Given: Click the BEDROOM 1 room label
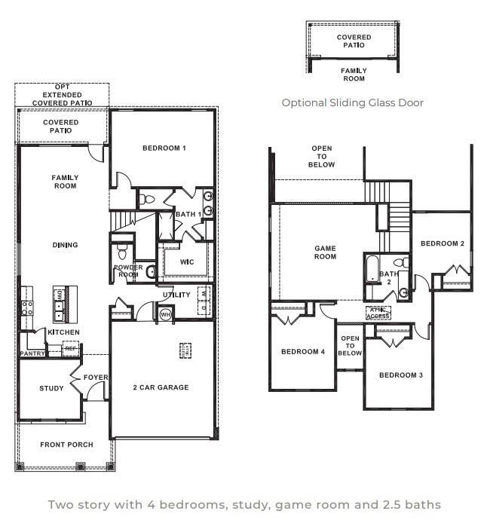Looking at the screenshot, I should click(x=164, y=148).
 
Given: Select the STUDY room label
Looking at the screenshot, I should click(x=51, y=389).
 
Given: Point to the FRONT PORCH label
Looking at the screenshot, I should click(x=66, y=445).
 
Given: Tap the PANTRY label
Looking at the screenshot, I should click(x=32, y=353).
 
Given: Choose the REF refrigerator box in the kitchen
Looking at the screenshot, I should click(x=71, y=348).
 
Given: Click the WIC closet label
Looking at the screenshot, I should click(x=187, y=262).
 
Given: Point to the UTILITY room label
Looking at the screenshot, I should click(x=176, y=295).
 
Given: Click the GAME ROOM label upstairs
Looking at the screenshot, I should click(x=325, y=252).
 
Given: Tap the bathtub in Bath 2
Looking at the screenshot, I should click(x=371, y=269).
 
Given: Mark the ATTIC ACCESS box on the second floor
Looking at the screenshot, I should click(x=378, y=313).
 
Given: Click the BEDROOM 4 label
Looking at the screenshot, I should click(x=302, y=352).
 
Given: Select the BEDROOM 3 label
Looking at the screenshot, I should click(x=400, y=375).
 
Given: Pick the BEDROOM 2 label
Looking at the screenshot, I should click(x=442, y=243).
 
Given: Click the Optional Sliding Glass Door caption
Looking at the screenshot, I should click(x=352, y=102).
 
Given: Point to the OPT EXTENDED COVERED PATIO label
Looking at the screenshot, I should click(x=62, y=95).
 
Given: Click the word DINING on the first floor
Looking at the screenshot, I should click(x=65, y=245).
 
